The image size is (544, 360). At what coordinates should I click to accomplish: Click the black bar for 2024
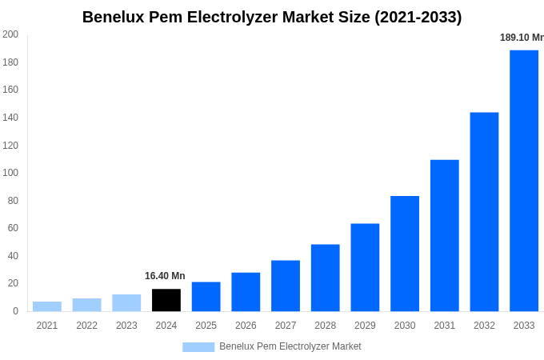166,300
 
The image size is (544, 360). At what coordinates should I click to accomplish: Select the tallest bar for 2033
524,181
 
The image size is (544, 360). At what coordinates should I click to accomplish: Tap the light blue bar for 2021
47,306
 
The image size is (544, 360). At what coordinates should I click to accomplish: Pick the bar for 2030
405,254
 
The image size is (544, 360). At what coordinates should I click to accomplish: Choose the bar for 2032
484,212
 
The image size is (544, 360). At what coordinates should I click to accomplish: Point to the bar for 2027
286,286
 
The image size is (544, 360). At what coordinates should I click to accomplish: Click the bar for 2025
206,297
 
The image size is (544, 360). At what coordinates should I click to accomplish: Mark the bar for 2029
365,267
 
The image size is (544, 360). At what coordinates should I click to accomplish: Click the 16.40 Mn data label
165,276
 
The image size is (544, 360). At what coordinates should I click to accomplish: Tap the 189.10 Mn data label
522,38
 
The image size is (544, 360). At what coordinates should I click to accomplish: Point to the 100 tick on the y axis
10,173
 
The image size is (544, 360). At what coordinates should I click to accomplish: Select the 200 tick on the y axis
10,34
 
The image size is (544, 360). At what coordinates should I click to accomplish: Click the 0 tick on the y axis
15,311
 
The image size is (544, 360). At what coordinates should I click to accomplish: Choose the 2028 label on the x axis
326,326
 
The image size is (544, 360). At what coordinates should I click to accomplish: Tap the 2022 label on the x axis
86,326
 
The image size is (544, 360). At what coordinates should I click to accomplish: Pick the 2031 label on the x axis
445,326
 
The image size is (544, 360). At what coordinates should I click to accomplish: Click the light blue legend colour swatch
198,347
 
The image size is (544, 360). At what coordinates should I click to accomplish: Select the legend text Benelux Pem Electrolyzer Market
290,346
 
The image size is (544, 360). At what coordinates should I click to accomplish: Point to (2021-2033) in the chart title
418,17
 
